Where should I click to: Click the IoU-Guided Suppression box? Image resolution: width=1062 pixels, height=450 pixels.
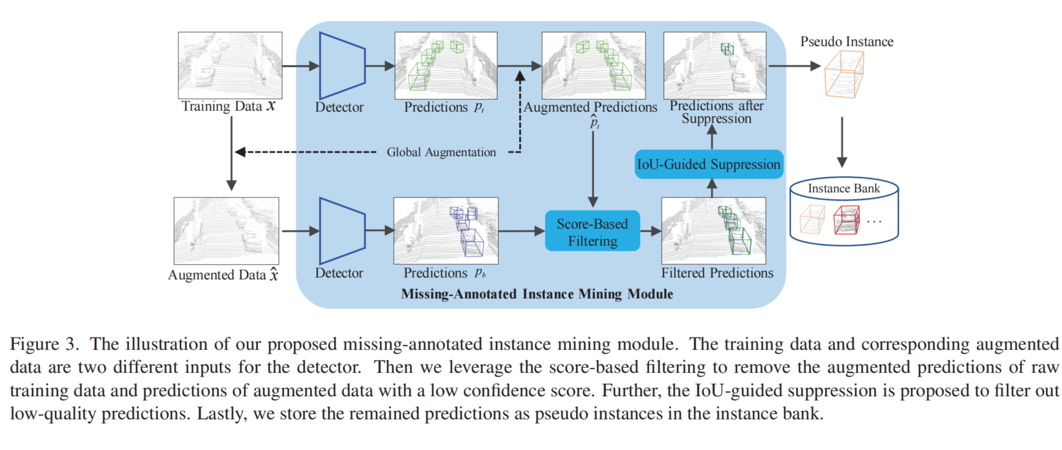pos(709,164)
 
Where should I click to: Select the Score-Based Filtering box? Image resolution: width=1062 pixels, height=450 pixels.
pos(593,232)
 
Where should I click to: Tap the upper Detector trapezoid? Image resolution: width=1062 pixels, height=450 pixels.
pos(342,66)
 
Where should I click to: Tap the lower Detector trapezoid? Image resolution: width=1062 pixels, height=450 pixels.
pos(342,231)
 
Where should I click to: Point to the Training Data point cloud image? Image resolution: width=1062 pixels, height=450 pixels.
pos(230,65)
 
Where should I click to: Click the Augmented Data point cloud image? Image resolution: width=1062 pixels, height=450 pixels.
pos(226,231)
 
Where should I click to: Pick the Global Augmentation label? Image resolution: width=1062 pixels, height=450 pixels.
pos(441,152)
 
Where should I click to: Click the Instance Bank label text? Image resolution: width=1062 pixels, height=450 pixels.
pos(843,189)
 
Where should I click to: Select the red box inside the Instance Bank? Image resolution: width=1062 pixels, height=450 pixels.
pos(847,220)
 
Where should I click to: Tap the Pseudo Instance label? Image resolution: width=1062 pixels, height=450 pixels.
pos(847,42)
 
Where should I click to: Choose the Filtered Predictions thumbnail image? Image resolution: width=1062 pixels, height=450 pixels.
pos(714,231)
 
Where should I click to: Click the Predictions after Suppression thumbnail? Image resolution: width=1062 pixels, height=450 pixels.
pos(715,65)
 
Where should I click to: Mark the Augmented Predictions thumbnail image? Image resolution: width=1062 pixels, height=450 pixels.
pos(593,65)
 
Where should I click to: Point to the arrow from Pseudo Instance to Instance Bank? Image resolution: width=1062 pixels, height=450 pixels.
pos(842,142)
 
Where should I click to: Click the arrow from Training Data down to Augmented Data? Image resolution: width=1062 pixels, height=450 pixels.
pos(231,153)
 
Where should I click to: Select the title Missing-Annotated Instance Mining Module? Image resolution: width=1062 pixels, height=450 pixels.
pos(537,294)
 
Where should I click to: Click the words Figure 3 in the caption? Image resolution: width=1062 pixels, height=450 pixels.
pos(44,344)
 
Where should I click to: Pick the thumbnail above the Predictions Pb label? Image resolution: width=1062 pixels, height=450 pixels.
pos(446,231)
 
